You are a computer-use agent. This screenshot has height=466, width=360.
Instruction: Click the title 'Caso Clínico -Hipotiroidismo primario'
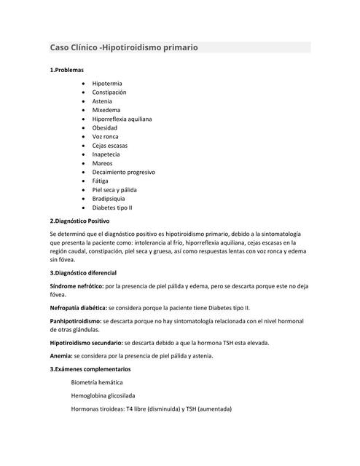[x=124, y=47]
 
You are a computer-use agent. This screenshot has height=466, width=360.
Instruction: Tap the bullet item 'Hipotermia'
[x=106, y=84]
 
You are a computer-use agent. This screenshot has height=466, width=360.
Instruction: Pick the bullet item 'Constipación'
[x=109, y=92]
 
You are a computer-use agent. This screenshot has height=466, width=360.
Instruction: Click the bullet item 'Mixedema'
[x=106, y=110]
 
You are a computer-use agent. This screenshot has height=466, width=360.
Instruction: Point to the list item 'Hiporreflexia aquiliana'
[x=122, y=119]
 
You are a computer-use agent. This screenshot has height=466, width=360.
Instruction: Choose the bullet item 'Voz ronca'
[x=105, y=136]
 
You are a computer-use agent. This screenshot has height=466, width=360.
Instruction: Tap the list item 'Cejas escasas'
[x=110, y=146]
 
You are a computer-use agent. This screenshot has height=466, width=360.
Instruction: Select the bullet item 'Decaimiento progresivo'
[x=123, y=172]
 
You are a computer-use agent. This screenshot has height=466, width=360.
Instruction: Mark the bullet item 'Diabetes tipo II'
[x=112, y=208]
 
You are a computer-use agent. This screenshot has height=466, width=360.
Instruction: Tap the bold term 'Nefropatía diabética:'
[x=78, y=308]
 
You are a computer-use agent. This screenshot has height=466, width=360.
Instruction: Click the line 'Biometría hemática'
[x=97, y=382]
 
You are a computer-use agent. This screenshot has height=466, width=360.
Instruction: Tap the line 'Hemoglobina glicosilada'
[x=103, y=395]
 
